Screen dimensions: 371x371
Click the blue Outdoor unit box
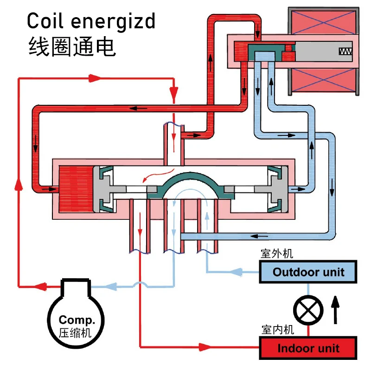[308, 272]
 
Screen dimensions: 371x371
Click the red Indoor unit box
[308, 348]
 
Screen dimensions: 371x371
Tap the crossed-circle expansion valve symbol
[308, 310]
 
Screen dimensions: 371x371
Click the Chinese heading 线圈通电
[72, 47]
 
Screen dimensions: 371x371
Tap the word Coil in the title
[44, 21]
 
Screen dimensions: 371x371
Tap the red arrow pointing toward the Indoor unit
[206, 346]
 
